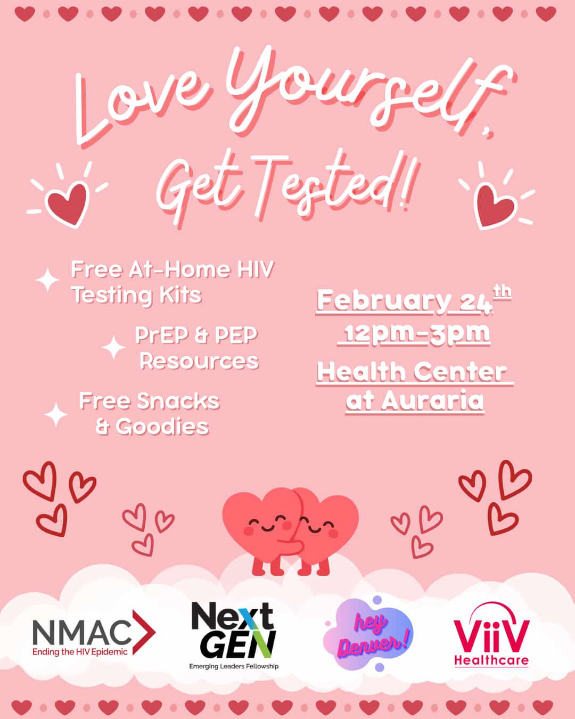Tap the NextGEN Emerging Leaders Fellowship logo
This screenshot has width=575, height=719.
tap(234, 639)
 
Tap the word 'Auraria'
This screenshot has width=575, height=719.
tap(433, 401)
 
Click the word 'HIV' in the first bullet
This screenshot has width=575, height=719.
tap(256, 269)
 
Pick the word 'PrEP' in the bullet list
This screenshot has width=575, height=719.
tap(161, 335)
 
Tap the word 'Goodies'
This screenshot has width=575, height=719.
tap(162, 427)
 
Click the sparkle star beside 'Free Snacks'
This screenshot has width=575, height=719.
tap(56, 414)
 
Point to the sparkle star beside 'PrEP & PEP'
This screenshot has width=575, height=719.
tap(113, 347)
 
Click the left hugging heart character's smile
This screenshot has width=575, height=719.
tap(268, 528)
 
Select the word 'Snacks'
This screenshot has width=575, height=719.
tap(178, 401)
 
